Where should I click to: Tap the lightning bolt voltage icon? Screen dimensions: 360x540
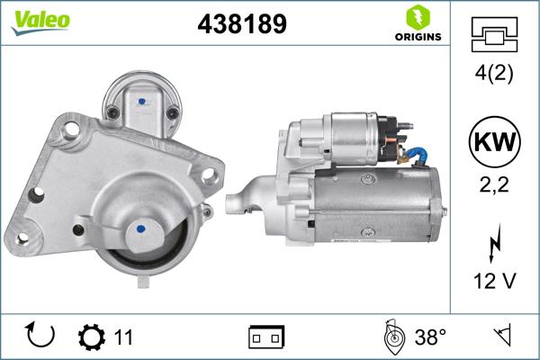pos(493,245)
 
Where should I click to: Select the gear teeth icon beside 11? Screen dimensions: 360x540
pos(91,337)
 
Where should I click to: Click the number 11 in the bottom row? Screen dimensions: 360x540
pos(123,337)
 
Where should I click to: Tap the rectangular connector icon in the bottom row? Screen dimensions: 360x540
pos(266,337)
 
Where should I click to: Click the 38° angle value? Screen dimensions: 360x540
pos(431,337)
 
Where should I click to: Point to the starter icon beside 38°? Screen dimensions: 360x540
pos(392,337)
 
